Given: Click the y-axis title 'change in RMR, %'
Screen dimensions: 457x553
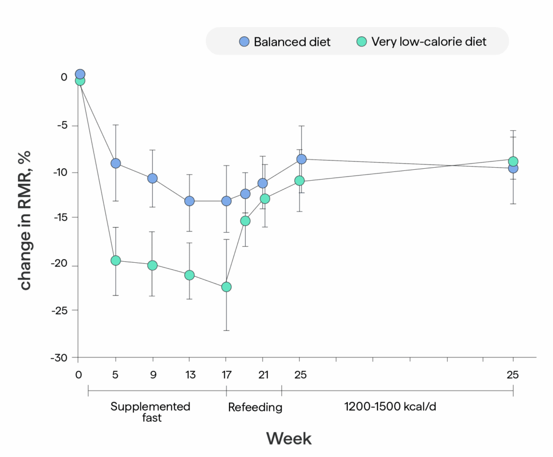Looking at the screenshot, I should click(x=26, y=221).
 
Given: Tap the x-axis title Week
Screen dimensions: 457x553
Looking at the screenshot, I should click(x=289, y=438).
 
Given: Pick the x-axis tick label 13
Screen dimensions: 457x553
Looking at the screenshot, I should click(x=189, y=374).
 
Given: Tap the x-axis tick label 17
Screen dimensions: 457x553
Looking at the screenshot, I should click(x=226, y=374).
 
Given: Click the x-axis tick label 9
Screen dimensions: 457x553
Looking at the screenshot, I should click(x=152, y=374).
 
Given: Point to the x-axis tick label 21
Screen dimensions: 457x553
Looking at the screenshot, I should click(x=263, y=374).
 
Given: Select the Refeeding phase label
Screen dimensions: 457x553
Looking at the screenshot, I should click(x=255, y=407).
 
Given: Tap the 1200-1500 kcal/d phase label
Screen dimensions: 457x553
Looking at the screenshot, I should click(x=390, y=407).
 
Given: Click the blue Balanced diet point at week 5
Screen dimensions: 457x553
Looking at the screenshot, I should click(x=116, y=163).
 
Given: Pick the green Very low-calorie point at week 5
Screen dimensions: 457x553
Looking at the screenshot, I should click(x=116, y=260).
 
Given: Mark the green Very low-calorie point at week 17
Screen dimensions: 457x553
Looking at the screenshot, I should click(x=226, y=287).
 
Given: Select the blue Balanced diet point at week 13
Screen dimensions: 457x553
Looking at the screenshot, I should click(x=189, y=201).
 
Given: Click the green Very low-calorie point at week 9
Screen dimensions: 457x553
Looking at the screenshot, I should click(x=152, y=265).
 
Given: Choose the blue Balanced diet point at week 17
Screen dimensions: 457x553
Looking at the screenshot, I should click(x=226, y=201).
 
